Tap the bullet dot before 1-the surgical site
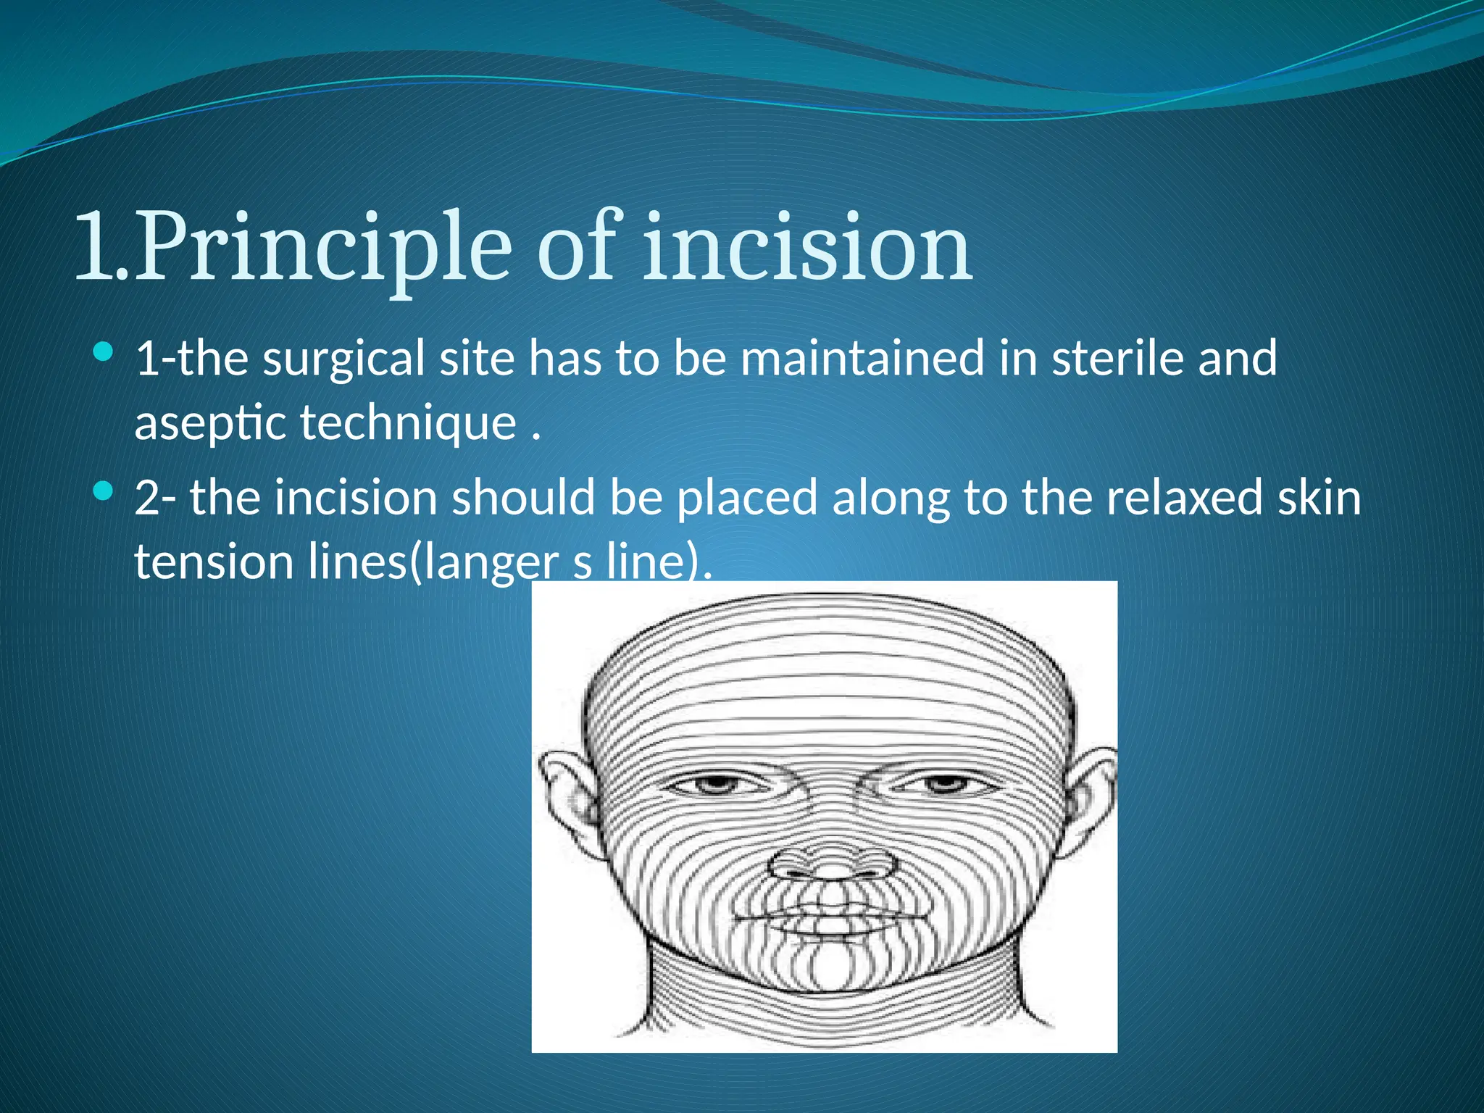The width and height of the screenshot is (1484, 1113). (104, 354)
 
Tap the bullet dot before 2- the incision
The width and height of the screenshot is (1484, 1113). (104, 493)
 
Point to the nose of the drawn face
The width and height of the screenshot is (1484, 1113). (831, 862)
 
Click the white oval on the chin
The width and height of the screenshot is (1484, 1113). (831, 967)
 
